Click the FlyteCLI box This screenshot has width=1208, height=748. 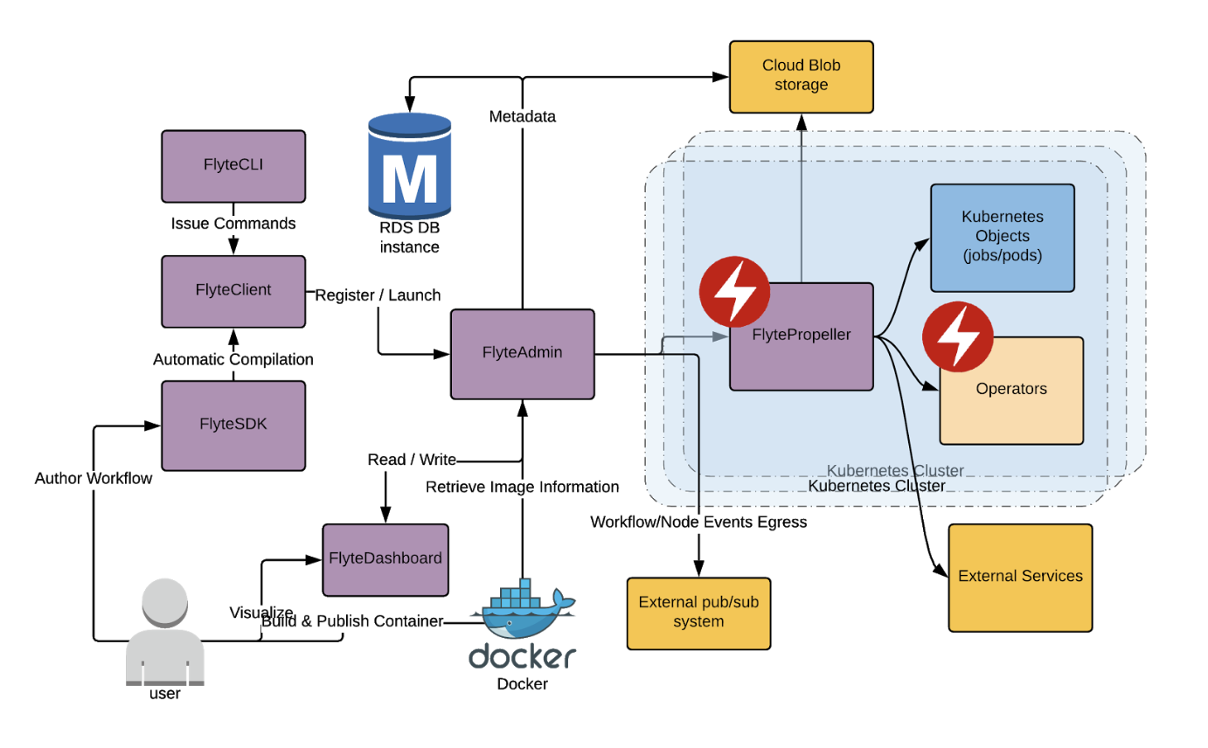point(233,167)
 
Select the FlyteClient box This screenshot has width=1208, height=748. point(233,291)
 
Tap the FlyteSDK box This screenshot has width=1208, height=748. point(233,425)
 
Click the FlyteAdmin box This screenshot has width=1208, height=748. point(522,353)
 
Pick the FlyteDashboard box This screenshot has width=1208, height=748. point(385,559)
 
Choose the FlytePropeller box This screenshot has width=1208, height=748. point(802,336)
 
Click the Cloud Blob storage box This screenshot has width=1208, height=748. point(802,76)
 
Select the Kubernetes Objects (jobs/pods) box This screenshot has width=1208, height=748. point(1002,237)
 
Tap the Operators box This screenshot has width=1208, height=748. point(1010,390)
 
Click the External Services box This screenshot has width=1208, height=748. point(1020,577)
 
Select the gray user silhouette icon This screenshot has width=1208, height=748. point(165,636)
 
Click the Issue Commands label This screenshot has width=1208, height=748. point(233,224)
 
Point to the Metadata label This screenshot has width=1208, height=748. point(522,116)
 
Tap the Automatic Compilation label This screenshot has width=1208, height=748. point(233,359)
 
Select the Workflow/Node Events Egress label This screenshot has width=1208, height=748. point(698,523)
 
